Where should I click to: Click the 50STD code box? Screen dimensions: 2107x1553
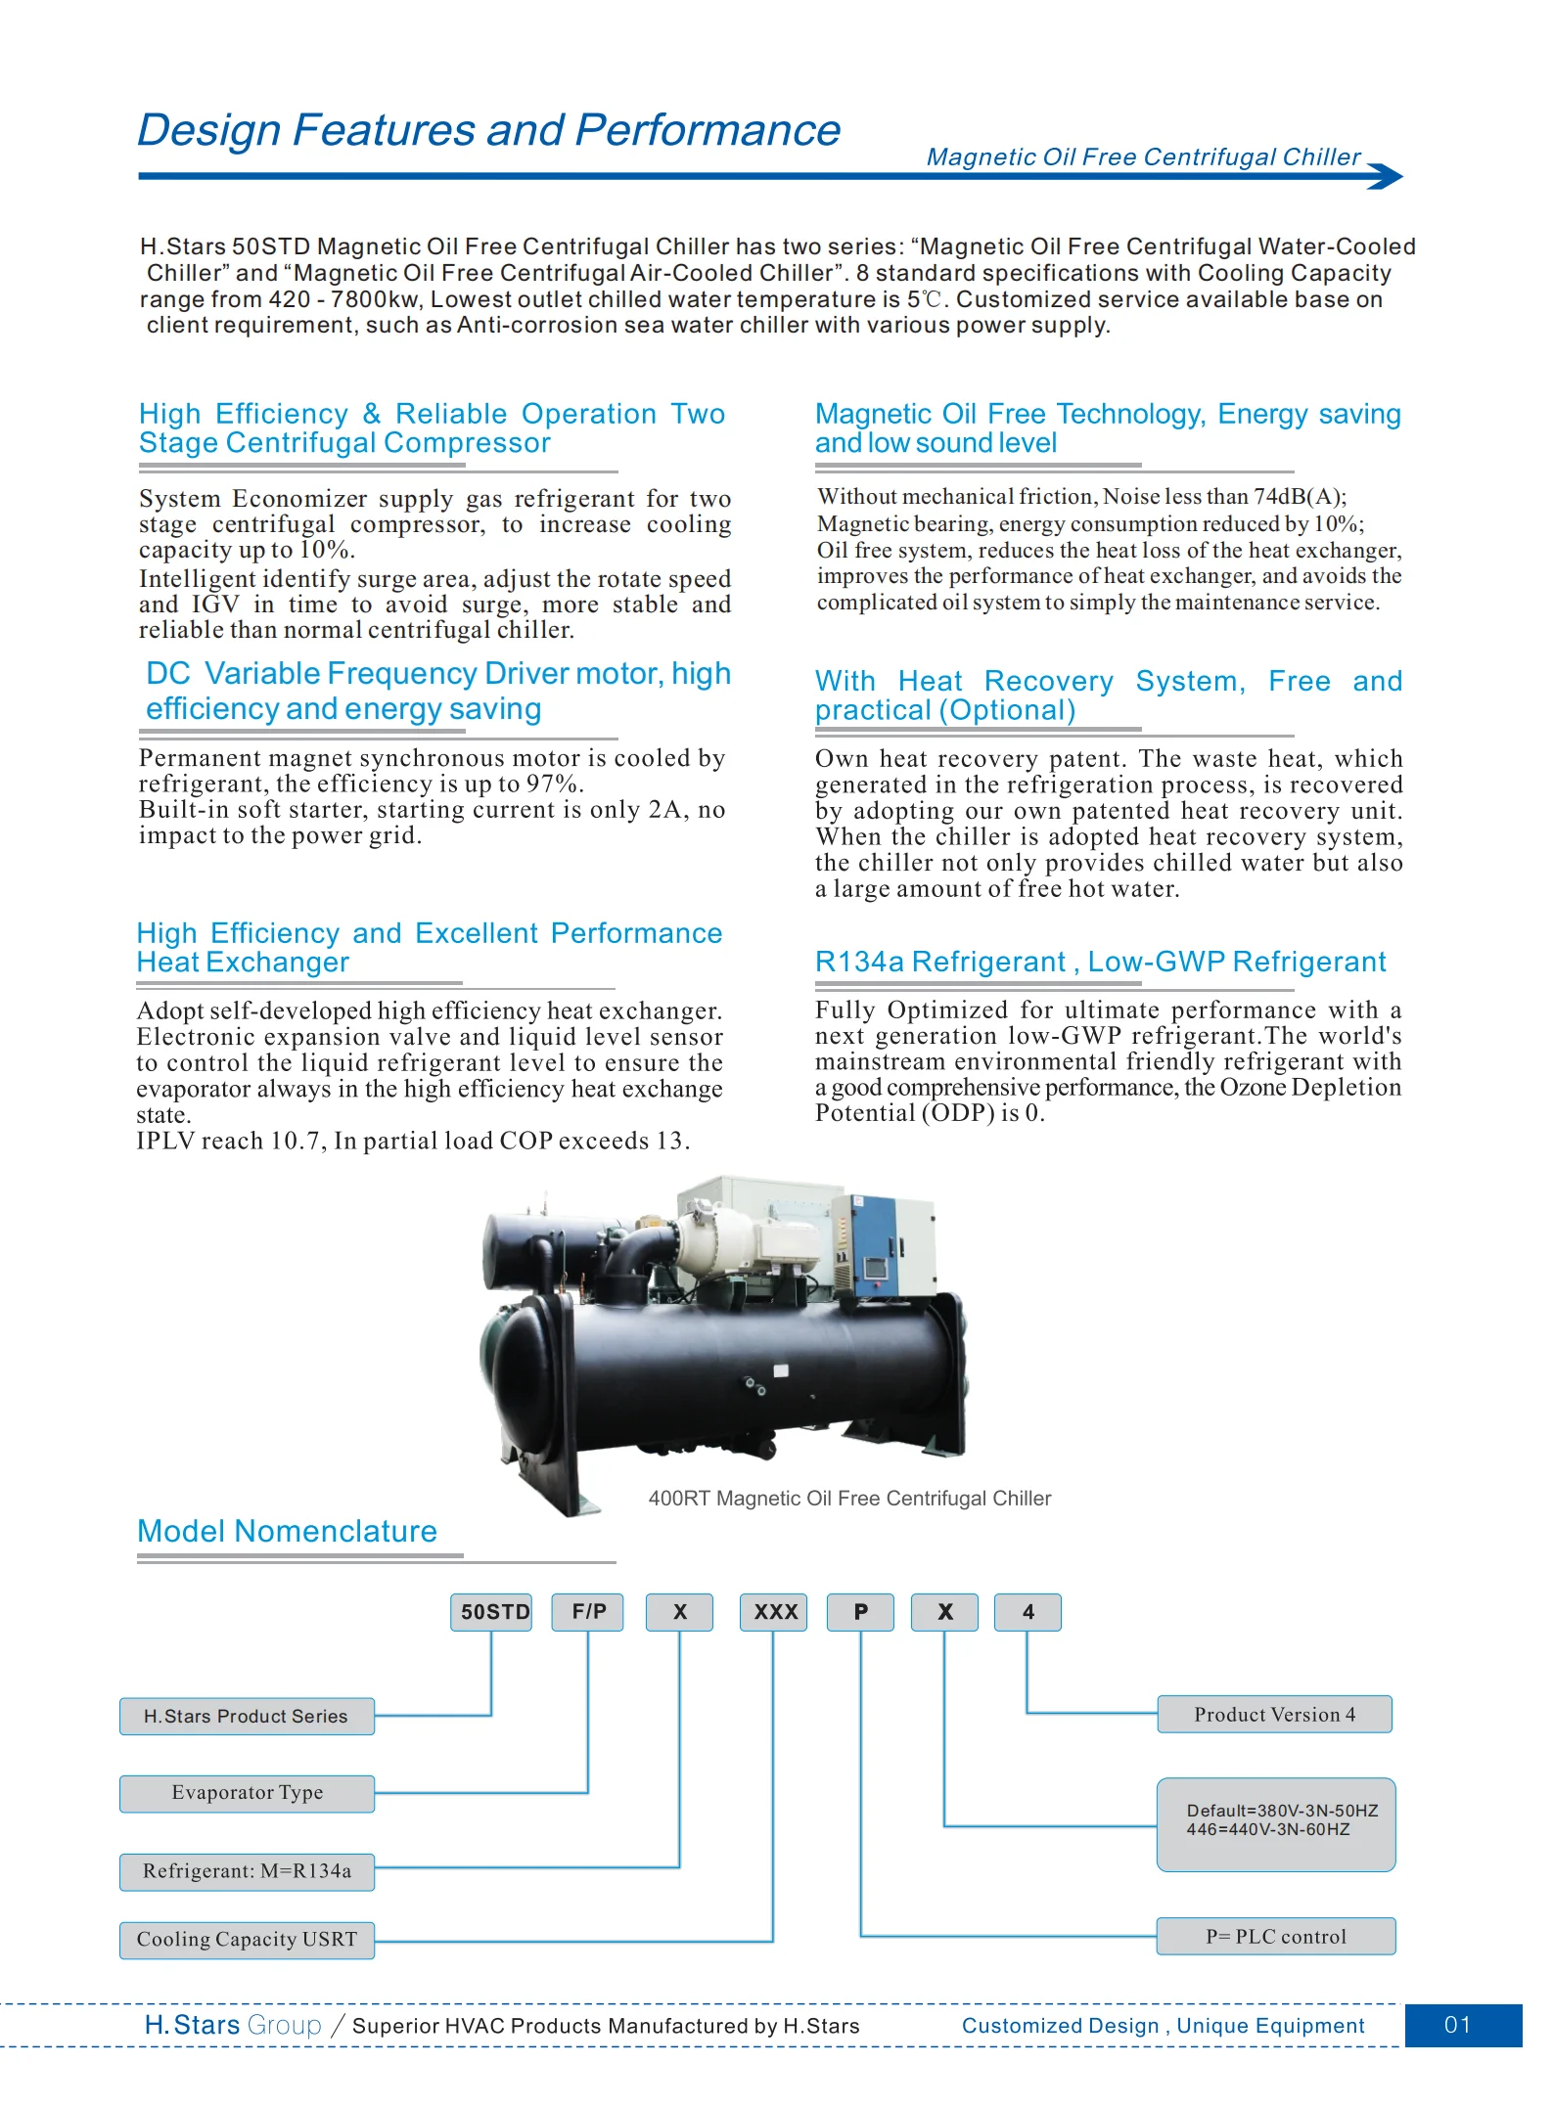tap(491, 1612)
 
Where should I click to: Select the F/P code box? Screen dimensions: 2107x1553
tap(588, 1612)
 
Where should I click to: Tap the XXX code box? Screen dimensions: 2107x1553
tap(774, 1612)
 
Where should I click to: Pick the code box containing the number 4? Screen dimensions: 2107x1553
tap(1028, 1612)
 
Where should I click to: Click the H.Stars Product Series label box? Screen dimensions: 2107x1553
tap(247, 1717)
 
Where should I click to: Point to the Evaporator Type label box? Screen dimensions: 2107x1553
tap(247, 1793)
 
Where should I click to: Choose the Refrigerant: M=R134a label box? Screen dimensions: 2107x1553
tap(247, 1871)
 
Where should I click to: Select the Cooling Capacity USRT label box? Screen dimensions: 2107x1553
tap(247, 1940)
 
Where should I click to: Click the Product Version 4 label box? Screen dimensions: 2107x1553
tap(1274, 1715)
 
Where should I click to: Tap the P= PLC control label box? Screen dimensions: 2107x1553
tap(1275, 1937)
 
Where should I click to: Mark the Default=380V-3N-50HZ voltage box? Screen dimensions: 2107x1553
tap(1276, 1824)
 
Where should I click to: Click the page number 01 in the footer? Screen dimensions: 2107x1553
tap(1458, 2025)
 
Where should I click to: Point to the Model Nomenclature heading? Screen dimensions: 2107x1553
tap(287, 1532)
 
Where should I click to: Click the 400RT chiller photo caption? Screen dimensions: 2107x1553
tap(849, 1499)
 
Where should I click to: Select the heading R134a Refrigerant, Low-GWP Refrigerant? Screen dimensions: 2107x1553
tap(1100, 963)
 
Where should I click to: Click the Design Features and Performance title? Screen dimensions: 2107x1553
tap(488, 130)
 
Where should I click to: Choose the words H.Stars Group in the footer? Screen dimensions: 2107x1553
tap(233, 2025)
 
